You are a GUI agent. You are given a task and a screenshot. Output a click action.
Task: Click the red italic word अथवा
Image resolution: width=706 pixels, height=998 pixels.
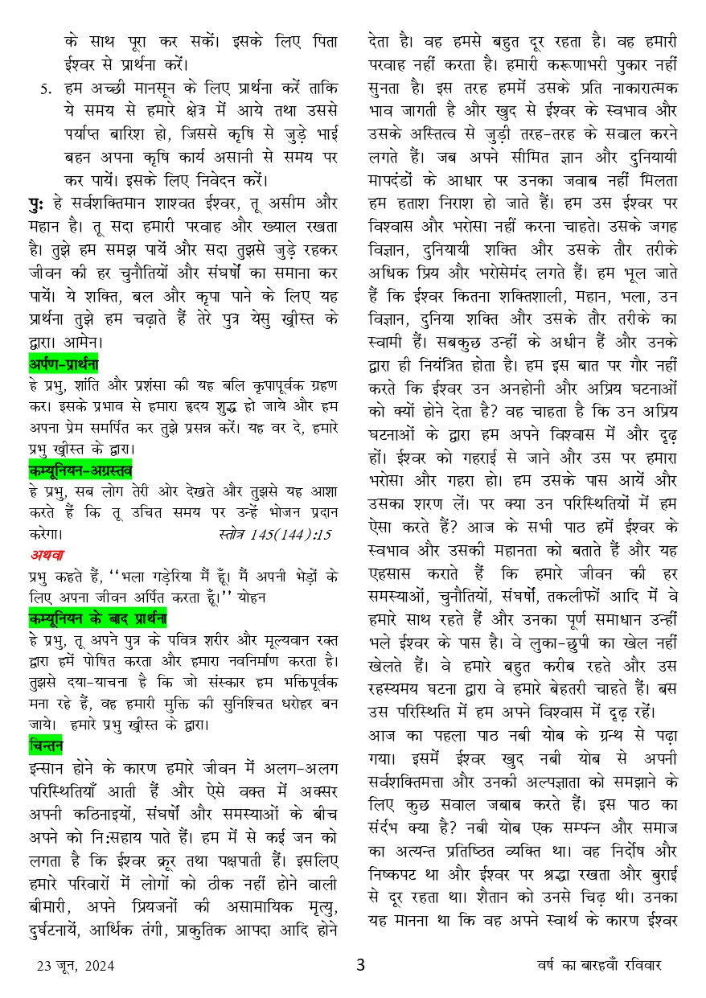pyautogui.click(x=47, y=554)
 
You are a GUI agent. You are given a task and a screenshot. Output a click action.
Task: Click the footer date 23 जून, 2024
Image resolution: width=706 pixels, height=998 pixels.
pyautogui.click(x=70, y=966)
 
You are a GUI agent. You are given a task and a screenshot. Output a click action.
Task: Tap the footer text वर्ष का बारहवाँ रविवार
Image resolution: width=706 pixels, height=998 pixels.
pyautogui.click(x=600, y=966)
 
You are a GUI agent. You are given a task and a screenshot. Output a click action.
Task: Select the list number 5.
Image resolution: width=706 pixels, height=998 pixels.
pyautogui.click(x=45, y=88)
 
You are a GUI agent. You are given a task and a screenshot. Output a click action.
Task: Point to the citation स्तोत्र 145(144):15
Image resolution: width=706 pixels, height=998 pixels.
pyautogui.click(x=274, y=533)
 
